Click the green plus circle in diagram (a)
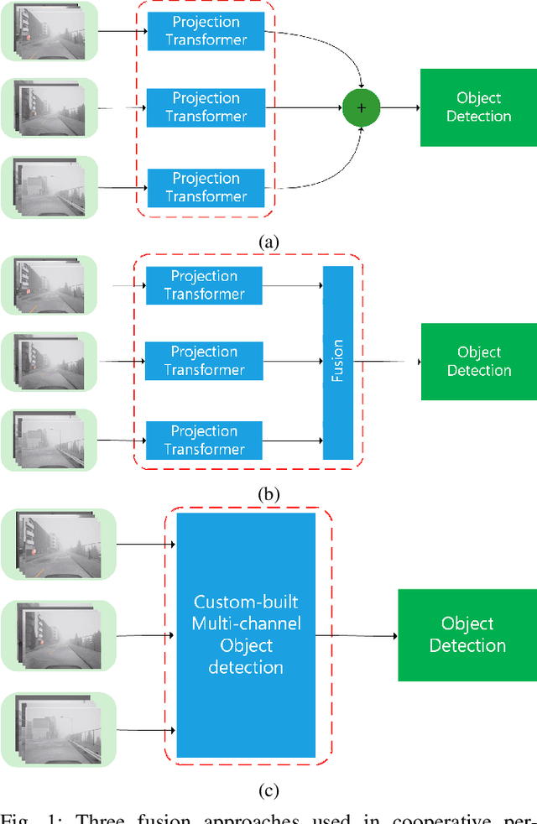tap(362, 107)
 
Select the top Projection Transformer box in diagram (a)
tap(206, 31)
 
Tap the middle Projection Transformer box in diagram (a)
tap(206, 107)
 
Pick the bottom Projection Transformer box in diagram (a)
tap(206, 187)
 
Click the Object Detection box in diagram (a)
tap(478, 107)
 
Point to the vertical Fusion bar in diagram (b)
tap(338, 362)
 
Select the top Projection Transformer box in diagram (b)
tap(204, 284)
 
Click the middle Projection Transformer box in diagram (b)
tap(204, 361)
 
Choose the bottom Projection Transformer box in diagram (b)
tap(204, 440)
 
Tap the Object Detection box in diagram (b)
tap(478, 362)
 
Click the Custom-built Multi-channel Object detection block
tap(246, 635)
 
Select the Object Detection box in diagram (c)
tap(467, 634)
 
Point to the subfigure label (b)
tap(268, 494)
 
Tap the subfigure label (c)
tap(268, 790)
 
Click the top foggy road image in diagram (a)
tap(49, 31)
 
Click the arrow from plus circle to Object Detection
tap(399, 107)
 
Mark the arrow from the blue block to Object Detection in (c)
tap(356, 635)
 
